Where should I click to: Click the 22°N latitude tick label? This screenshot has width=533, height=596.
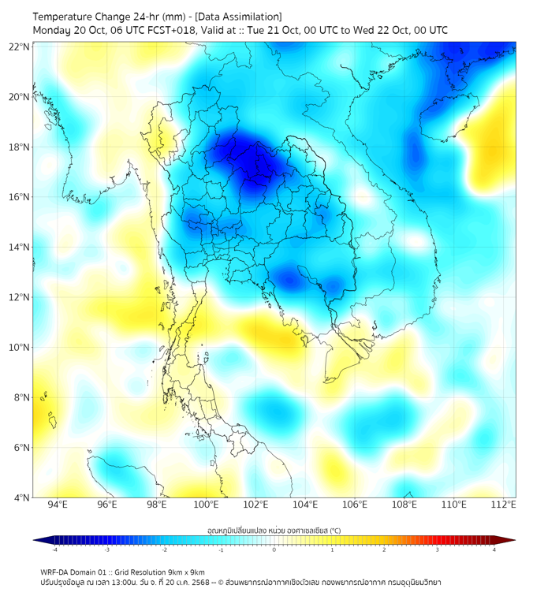click(x=19, y=47)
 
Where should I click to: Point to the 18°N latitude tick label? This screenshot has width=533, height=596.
click(x=19, y=147)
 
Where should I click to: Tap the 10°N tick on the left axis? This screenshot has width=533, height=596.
click(x=19, y=348)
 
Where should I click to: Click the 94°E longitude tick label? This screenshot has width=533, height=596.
click(x=58, y=505)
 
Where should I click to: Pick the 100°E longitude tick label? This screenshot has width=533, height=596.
click(x=206, y=505)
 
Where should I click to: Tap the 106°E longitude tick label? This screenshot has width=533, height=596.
click(x=355, y=505)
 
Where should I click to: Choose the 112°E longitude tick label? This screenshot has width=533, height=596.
click(x=504, y=505)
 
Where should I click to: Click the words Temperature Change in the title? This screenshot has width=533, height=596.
click(x=75, y=17)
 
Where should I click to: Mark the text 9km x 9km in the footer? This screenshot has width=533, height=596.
click(x=185, y=572)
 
